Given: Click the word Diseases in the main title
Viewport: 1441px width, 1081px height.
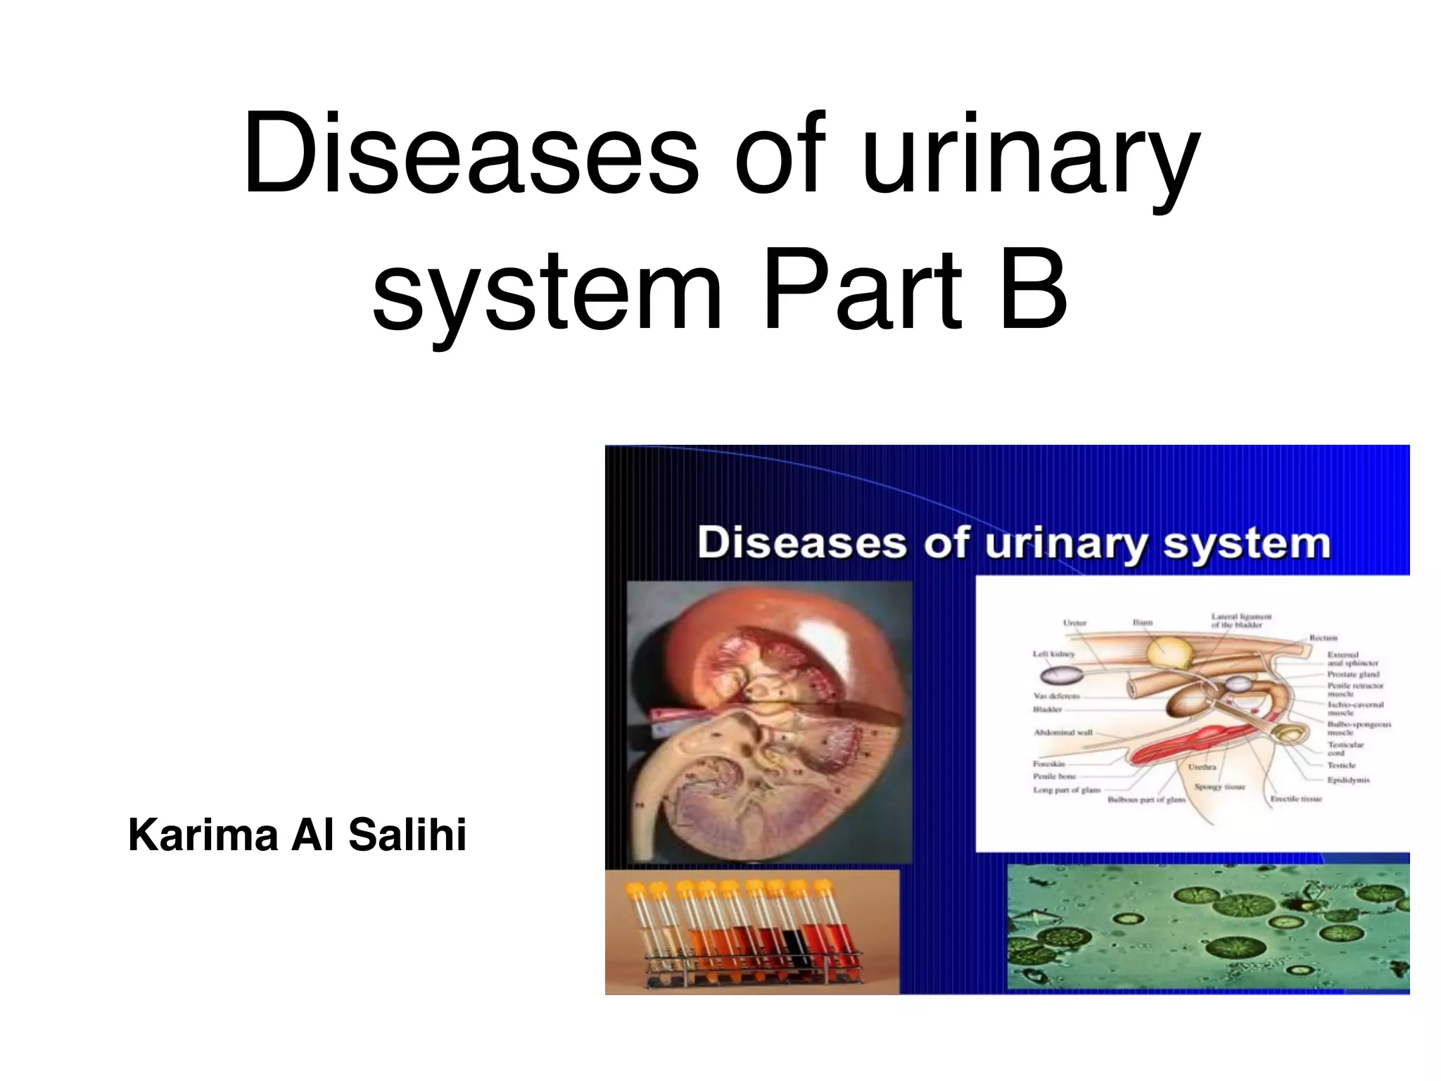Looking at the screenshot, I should pyautogui.click(x=470, y=155).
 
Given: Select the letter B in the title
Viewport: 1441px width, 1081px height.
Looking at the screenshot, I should pyautogui.click(x=1032, y=290).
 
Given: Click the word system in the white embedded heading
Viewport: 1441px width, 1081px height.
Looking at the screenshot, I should pyautogui.click(x=1246, y=544).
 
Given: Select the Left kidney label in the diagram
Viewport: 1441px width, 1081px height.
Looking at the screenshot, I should pyautogui.click(x=1053, y=654).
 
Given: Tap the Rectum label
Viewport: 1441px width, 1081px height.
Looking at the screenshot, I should pyautogui.click(x=1323, y=638).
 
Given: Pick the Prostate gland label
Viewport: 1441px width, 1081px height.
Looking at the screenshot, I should pyautogui.click(x=1353, y=674).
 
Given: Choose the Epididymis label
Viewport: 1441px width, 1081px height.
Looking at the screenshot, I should pyautogui.click(x=1348, y=780).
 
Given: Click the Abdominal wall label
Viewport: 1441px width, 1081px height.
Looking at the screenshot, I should pyautogui.click(x=1062, y=733).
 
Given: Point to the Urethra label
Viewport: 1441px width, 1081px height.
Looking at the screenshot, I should pyautogui.click(x=1202, y=766).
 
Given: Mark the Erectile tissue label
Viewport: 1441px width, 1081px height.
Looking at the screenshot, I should pyautogui.click(x=1295, y=799).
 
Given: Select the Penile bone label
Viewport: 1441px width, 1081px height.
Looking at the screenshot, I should pyautogui.click(x=1054, y=776).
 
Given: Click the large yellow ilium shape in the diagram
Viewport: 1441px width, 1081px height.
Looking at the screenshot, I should pyautogui.click(x=1169, y=652).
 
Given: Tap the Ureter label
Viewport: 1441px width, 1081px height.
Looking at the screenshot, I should pyautogui.click(x=1074, y=623).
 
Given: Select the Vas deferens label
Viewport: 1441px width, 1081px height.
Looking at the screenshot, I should pyautogui.click(x=1056, y=696).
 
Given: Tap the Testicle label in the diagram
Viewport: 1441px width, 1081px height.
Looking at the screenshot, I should pyautogui.click(x=1341, y=765).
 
